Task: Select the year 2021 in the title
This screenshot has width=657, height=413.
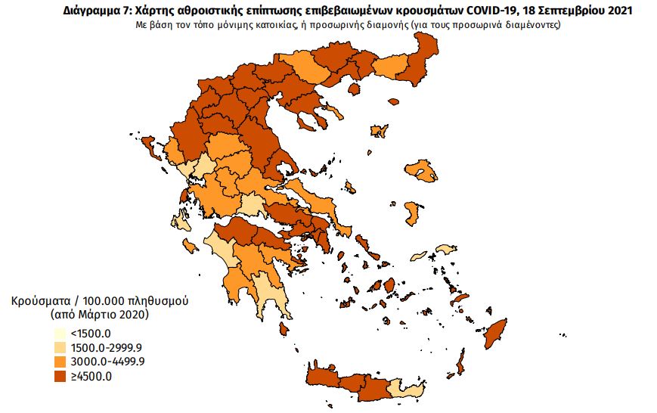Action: tap(618, 11)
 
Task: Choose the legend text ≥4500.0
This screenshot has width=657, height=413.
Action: tap(90, 377)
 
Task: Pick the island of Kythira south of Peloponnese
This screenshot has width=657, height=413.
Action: tap(284, 329)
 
